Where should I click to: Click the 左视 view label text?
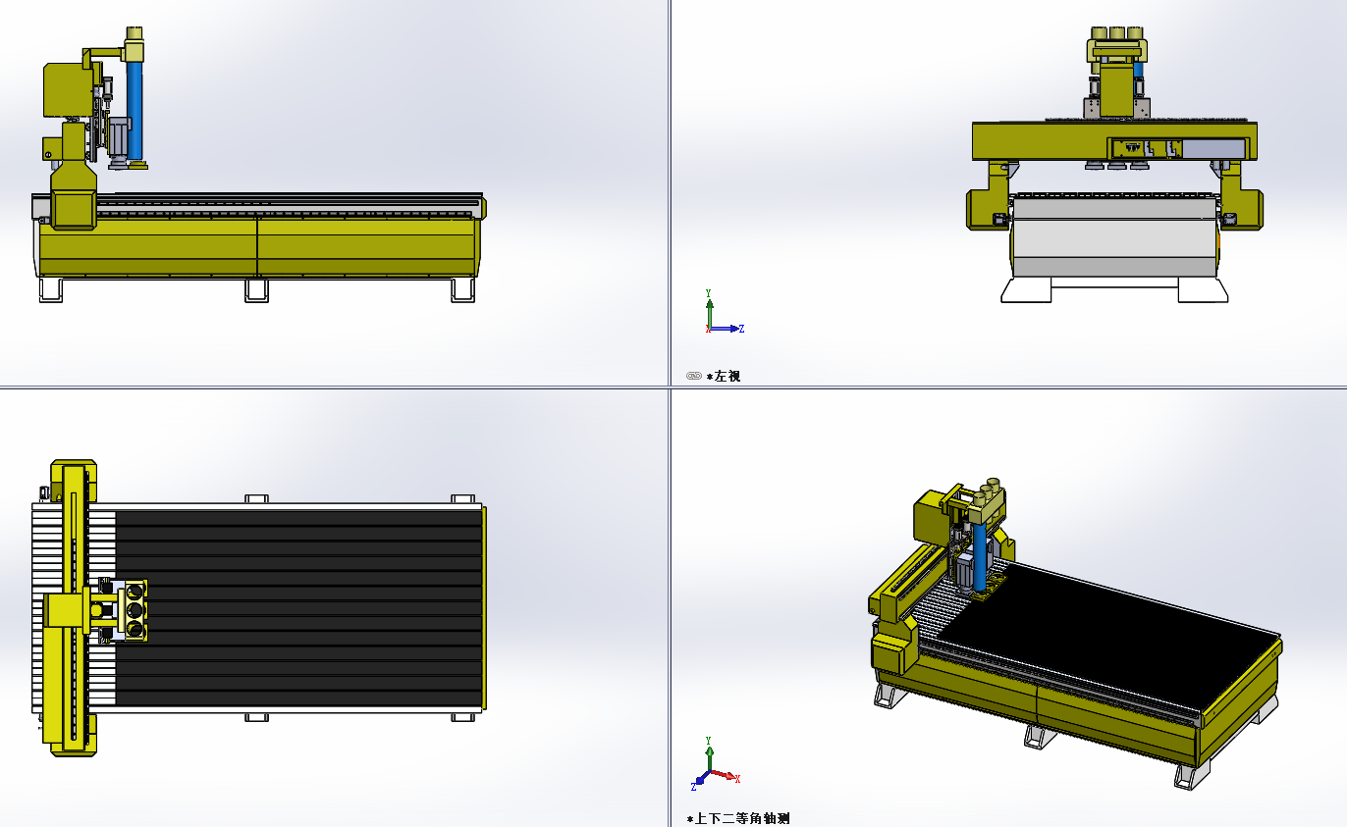pyautogui.click(x=727, y=377)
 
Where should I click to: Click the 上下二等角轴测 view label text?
pyautogui.click(x=742, y=818)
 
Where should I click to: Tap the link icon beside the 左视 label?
pyautogui.click(x=694, y=377)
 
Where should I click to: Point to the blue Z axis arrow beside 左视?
pyautogui.click(x=726, y=329)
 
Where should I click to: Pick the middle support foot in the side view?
pyautogui.click(x=257, y=290)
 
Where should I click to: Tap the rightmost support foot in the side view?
pyautogui.click(x=463, y=290)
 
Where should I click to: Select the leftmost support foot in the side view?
pyautogui.click(x=50, y=290)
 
